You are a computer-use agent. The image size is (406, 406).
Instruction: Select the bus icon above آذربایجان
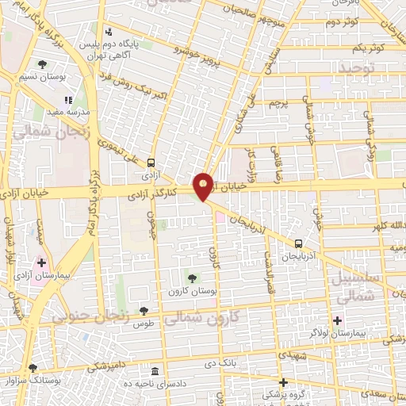point(298,244)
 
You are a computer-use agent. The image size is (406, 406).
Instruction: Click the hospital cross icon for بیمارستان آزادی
point(41,262)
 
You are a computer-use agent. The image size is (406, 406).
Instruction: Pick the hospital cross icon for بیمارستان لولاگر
point(338,320)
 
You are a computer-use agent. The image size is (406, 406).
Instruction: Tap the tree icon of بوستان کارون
point(191,278)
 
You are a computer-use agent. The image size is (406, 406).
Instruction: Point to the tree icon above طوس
point(143,312)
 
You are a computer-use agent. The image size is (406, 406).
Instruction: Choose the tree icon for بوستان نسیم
point(42,63)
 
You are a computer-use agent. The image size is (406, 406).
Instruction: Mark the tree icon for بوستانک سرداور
point(33,368)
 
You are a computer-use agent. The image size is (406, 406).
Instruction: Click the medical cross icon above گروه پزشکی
point(283,382)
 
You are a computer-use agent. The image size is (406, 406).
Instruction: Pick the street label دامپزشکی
point(108,366)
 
